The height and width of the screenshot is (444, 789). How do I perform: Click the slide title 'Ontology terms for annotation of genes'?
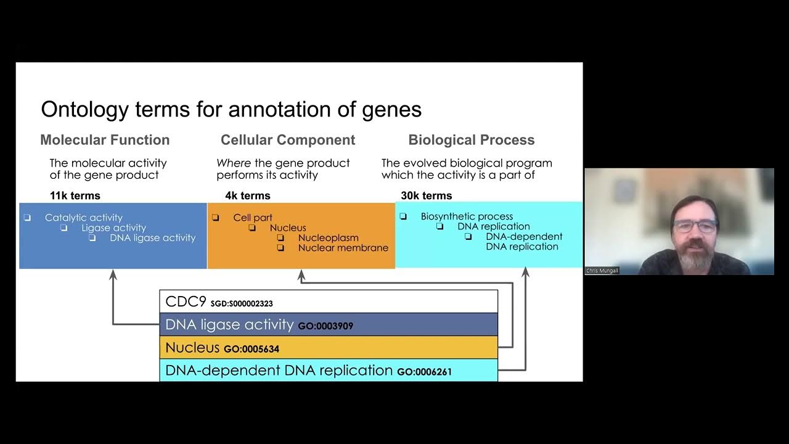231,110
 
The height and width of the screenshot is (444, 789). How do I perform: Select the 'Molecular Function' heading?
105,140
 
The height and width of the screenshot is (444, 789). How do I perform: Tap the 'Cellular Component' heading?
288,140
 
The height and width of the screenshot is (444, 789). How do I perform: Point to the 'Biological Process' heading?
472,140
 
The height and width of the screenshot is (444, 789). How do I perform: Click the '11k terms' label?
75,195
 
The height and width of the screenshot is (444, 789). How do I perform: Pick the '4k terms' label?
247,195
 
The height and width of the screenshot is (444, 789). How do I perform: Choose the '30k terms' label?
426,195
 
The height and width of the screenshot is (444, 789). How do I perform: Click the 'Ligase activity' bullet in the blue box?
113,228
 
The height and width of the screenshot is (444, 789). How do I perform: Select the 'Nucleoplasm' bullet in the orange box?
328,237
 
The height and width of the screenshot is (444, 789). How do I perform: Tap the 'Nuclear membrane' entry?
343,248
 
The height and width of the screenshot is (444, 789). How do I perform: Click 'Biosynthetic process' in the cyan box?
467,216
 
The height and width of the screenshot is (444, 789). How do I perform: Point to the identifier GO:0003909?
325,326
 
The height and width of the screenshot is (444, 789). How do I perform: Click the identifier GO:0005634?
251,349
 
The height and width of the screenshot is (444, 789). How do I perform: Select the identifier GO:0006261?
424,372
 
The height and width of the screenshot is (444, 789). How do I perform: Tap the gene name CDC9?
186,302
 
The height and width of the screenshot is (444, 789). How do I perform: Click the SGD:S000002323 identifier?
242,303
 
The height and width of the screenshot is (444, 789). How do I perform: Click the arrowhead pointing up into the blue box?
113,274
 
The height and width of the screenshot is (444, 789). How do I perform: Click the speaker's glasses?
695,226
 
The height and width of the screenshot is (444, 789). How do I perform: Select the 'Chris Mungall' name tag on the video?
602,271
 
